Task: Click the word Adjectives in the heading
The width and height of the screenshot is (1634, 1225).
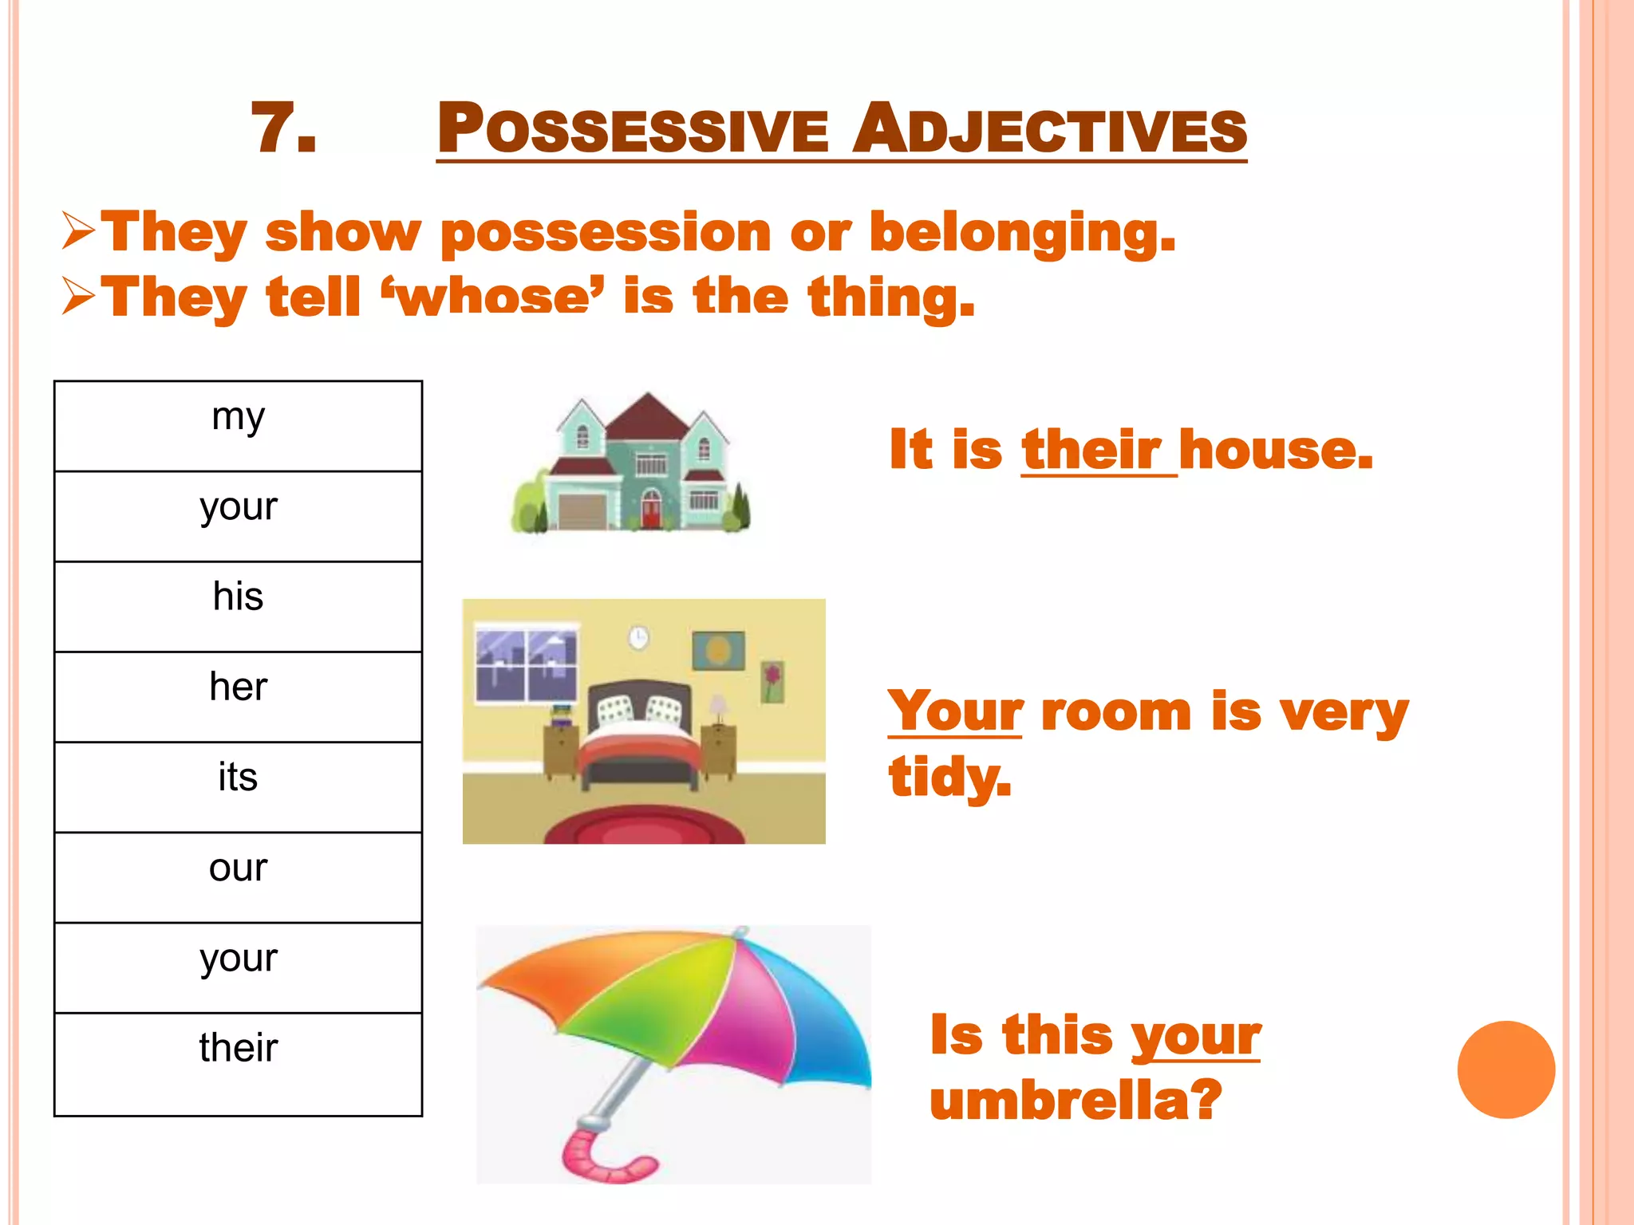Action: [1048, 129]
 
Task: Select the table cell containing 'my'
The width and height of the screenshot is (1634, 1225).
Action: [238, 426]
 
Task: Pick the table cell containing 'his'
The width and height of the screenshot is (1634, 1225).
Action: [238, 606]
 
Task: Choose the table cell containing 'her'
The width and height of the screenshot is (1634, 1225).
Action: [238, 696]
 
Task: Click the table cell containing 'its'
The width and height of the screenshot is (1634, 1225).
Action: [238, 786]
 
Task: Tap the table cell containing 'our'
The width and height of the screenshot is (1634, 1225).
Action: [238, 877]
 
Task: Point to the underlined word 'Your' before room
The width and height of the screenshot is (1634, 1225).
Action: [955, 711]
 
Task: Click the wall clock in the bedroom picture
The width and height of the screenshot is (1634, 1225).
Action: [637, 637]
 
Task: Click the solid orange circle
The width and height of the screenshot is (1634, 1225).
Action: [1506, 1069]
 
